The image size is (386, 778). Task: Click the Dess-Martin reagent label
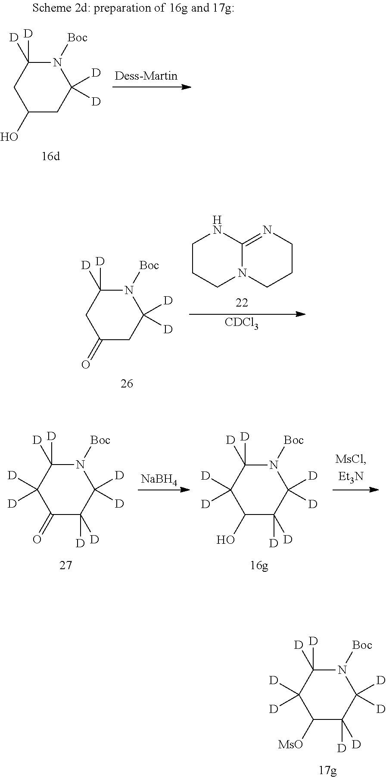[x=146, y=76]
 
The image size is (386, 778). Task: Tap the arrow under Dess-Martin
[x=152, y=87]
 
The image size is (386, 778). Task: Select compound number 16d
[x=50, y=156]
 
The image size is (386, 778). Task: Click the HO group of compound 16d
[x=9, y=137]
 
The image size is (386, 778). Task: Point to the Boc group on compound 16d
[x=78, y=38]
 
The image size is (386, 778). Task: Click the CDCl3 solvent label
[x=241, y=323]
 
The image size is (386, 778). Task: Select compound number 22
[x=241, y=303]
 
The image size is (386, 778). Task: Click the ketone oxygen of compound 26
[x=86, y=365]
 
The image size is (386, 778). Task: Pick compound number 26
[x=127, y=383]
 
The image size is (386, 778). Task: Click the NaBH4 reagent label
[x=159, y=479]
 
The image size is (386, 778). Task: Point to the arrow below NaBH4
[x=164, y=490]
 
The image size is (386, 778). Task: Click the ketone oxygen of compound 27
[x=37, y=539]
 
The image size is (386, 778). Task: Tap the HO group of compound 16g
[x=225, y=539]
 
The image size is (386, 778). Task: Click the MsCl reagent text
[x=351, y=459]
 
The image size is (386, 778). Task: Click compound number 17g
[x=327, y=770]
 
